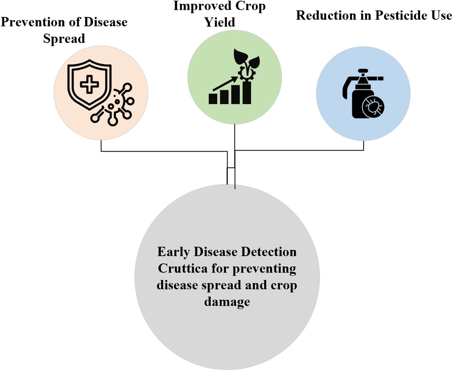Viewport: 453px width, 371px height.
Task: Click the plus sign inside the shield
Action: click(89, 84)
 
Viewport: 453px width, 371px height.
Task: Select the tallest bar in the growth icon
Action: click(247, 92)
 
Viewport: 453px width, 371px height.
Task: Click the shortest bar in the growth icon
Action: click(213, 99)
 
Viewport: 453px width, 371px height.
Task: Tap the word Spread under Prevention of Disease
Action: click(64, 39)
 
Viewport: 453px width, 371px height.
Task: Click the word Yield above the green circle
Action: click(220, 22)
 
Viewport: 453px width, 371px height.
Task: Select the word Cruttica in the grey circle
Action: click(183, 268)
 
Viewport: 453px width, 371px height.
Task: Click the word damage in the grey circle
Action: click(227, 302)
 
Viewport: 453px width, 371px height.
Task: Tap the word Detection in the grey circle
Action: click(269, 252)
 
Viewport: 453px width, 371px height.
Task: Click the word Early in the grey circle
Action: click(173, 252)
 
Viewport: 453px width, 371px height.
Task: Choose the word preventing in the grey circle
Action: click(264, 269)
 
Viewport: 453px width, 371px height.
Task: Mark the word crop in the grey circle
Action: click(284, 286)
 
